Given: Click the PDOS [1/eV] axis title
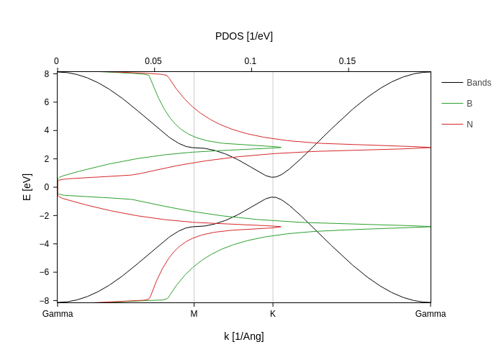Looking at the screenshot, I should point(243,36).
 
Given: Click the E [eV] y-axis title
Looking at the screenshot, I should point(27,186).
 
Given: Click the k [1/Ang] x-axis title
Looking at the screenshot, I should point(243,336).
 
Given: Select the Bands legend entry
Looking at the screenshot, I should point(478,83).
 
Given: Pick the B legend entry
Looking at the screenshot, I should point(469,104).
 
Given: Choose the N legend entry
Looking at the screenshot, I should point(469,125).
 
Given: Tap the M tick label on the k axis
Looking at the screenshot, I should point(194,314).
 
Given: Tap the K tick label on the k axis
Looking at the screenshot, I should point(273,314).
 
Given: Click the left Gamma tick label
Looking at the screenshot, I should point(58,314).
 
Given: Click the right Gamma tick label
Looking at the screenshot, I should point(431,314).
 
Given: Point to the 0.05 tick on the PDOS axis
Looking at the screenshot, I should point(153,61).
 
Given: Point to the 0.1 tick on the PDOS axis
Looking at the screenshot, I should point(251,61).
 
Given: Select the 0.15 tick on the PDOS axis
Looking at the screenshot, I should point(347,61).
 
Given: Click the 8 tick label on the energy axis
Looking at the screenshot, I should point(46,73).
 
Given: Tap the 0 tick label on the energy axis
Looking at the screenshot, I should point(46,187).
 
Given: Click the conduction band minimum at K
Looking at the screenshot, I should point(273,177).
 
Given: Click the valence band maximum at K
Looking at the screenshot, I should point(273,197).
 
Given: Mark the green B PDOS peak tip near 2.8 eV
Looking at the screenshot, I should point(281,148).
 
